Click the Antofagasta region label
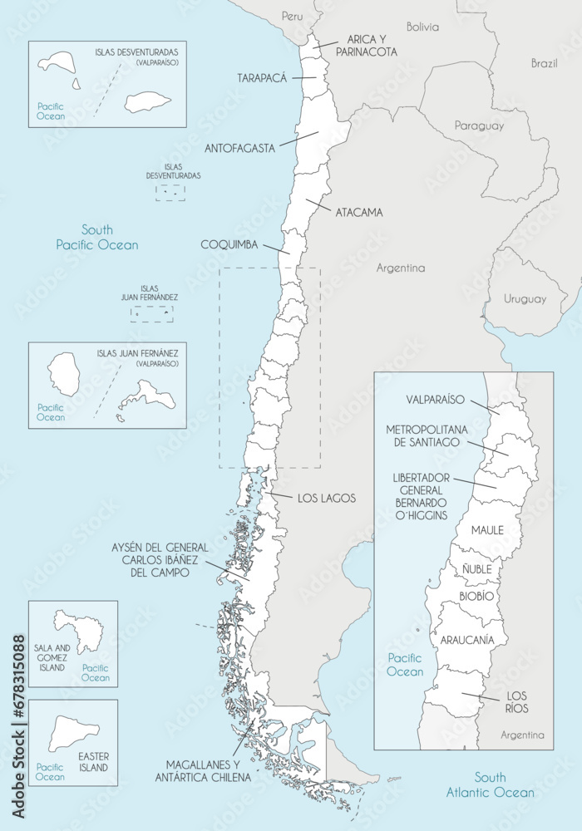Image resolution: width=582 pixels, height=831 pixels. click(239, 149)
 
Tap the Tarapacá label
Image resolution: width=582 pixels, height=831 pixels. click(261, 77)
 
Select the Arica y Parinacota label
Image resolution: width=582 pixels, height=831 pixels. click(366, 46)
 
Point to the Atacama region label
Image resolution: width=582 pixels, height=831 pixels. click(359, 212)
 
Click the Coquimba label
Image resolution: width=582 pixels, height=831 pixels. click(229, 245)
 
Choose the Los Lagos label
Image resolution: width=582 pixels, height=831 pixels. click(326, 499)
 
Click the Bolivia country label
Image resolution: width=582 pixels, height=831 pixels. click(422, 27)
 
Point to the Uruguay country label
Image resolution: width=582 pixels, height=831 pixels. click(525, 299)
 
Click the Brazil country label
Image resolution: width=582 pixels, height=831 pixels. click(545, 63)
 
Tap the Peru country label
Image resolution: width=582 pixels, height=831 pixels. click(292, 16)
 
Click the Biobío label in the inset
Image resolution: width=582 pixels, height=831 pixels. click(476, 597)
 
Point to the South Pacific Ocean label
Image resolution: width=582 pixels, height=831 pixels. click(97, 237)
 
